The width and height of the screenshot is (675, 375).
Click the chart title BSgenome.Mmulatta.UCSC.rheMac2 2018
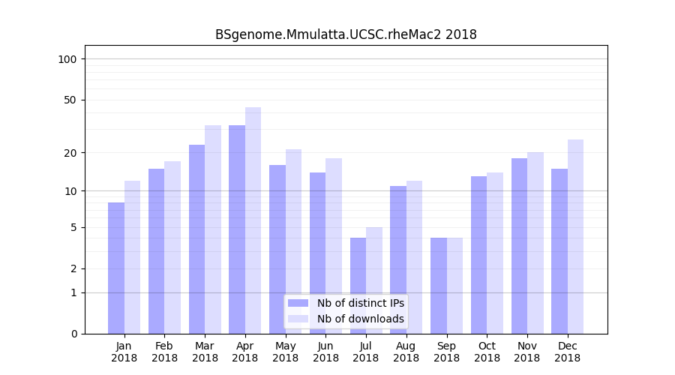pyautogui.click(x=346, y=34)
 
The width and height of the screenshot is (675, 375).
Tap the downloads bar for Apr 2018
pyautogui.click(x=253, y=220)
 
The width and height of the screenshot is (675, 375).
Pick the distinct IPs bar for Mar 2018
pyautogui.click(x=196, y=239)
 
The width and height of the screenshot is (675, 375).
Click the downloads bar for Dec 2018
pyautogui.click(x=575, y=236)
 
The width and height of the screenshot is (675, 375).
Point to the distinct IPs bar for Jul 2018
pyautogui.click(x=358, y=286)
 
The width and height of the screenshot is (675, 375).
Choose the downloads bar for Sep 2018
pyautogui.click(x=454, y=286)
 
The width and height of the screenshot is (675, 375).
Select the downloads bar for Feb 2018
pyautogui.click(x=172, y=247)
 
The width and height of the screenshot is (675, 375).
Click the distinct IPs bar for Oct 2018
pyautogui.click(x=478, y=255)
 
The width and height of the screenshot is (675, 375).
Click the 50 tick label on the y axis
pyautogui.click(x=70, y=100)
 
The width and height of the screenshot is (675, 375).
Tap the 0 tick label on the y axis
pyautogui.click(x=73, y=334)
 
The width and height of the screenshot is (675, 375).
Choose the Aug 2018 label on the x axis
pyautogui.click(x=406, y=352)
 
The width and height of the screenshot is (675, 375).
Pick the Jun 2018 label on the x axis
pyautogui.click(x=325, y=352)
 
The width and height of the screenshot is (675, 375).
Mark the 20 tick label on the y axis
pyautogui.click(x=70, y=153)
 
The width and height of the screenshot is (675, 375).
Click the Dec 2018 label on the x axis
pyautogui.click(x=568, y=352)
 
